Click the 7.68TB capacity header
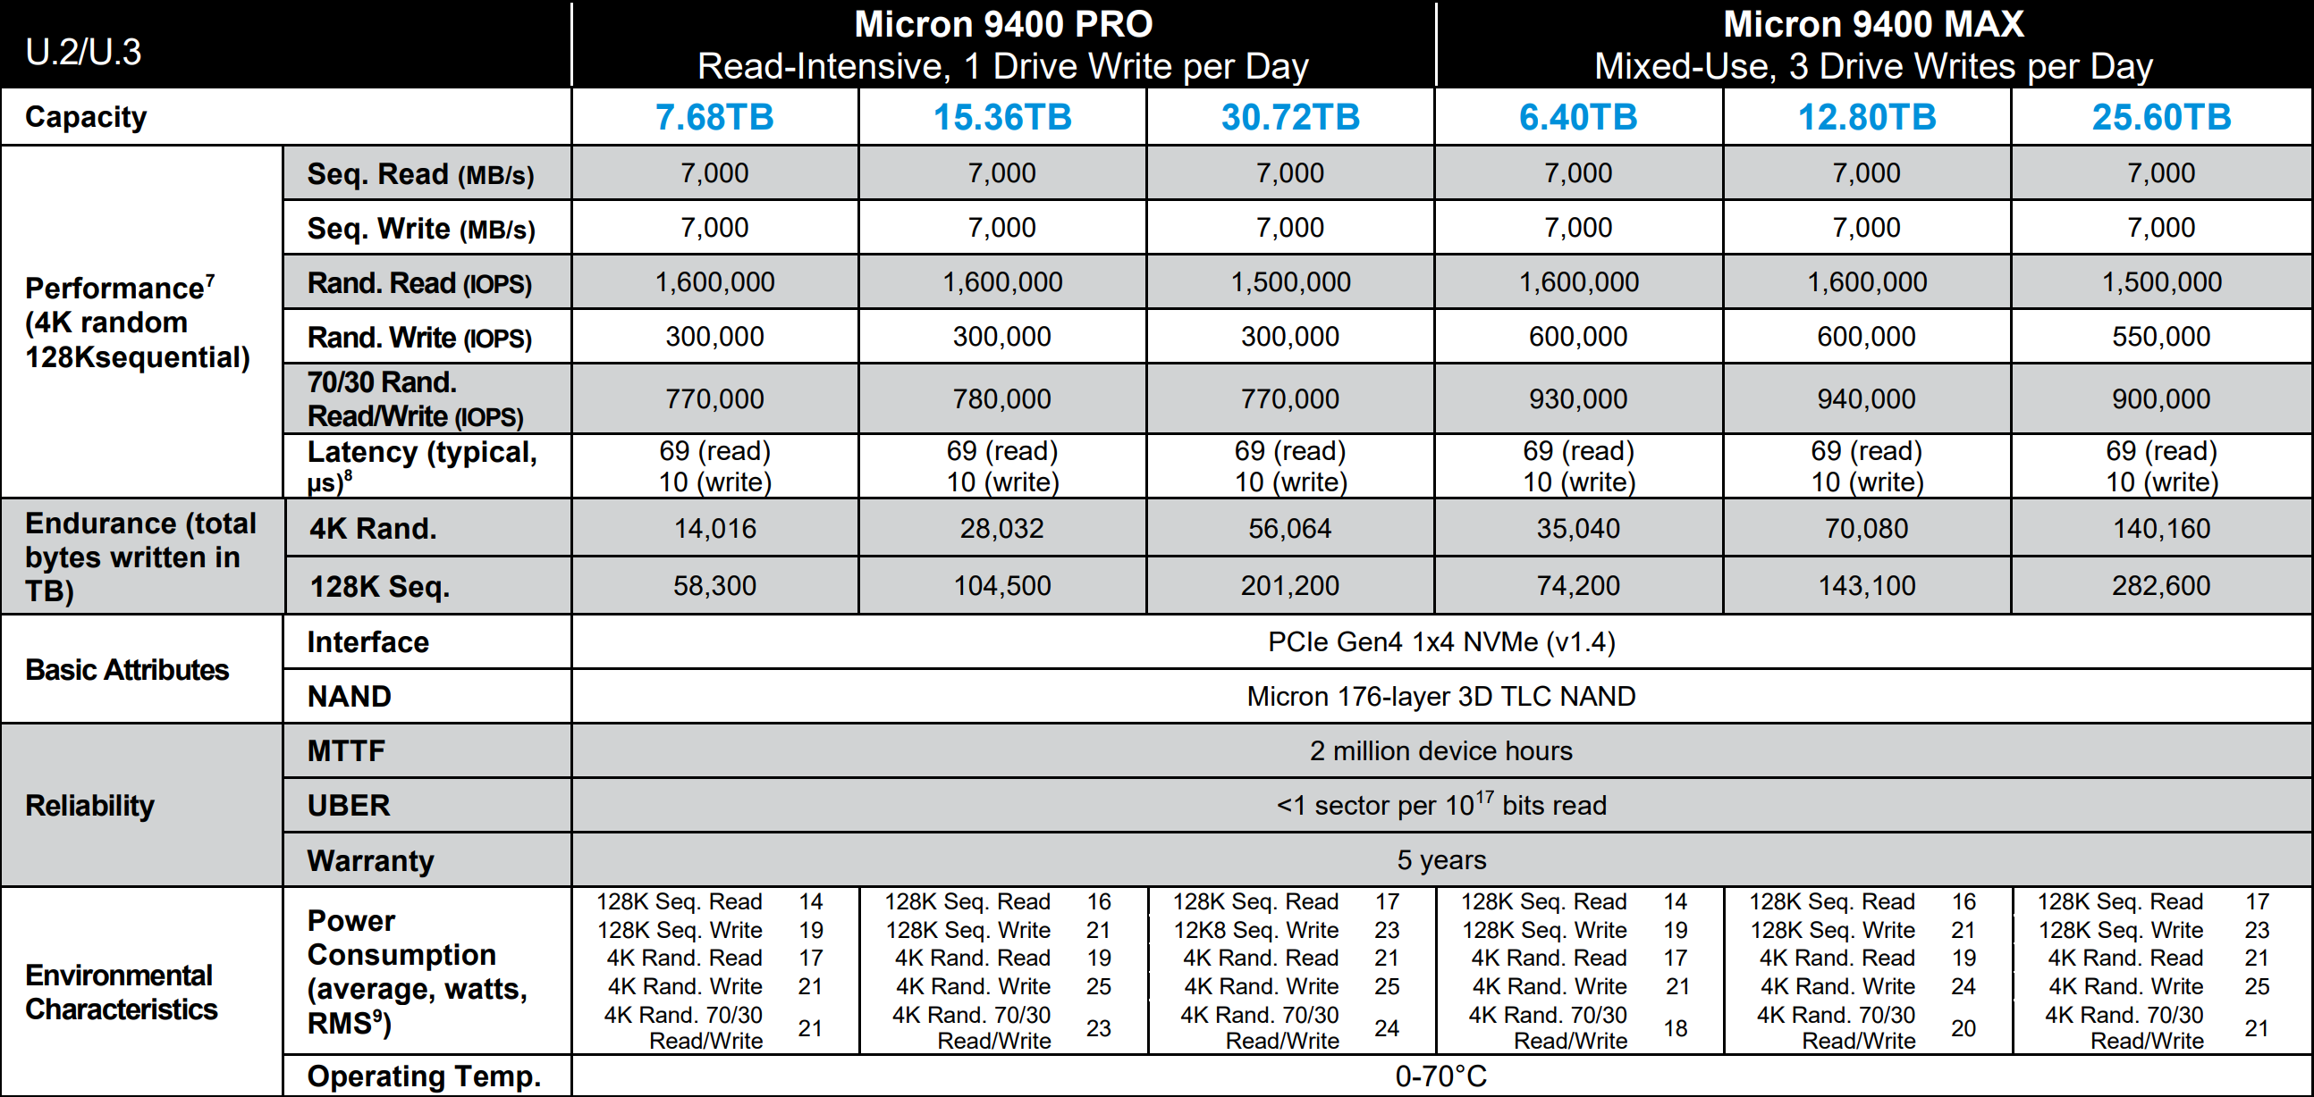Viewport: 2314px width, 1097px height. [x=714, y=118]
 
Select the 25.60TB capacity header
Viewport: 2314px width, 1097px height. [x=2160, y=118]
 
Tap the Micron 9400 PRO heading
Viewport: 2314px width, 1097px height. [x=1002, y=25]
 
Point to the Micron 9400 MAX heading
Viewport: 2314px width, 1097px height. [x=1873, y=25]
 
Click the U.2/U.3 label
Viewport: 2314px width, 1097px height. [x=83, y=52]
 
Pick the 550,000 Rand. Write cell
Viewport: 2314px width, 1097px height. [x=2160, y=337]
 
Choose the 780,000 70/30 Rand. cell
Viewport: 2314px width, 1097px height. [x=1001, y=398]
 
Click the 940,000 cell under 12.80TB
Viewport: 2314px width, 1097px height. [x=1866, y=398]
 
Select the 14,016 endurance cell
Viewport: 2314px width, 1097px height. [x=714, y=529]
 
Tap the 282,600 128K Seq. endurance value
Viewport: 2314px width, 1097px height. [x=2160, y=586]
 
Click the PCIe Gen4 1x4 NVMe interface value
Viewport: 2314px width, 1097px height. [x=1440, y=642]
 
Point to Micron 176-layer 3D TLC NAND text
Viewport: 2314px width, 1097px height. [x=1440, y=697]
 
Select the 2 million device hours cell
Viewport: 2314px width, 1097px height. [x=1440, y=750]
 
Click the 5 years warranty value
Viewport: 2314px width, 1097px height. [x=1440, y=860]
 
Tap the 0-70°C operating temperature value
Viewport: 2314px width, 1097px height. [x=1440, y=1076]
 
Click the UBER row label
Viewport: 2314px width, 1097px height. [x=349, y=805]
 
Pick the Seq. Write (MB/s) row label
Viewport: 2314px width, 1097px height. [x=420, y=229]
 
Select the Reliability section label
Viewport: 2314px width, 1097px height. [x=89, y=805]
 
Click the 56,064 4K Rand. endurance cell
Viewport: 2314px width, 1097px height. [x=1290, y=529]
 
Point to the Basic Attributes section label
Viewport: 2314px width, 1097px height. [x=127, y=670]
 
